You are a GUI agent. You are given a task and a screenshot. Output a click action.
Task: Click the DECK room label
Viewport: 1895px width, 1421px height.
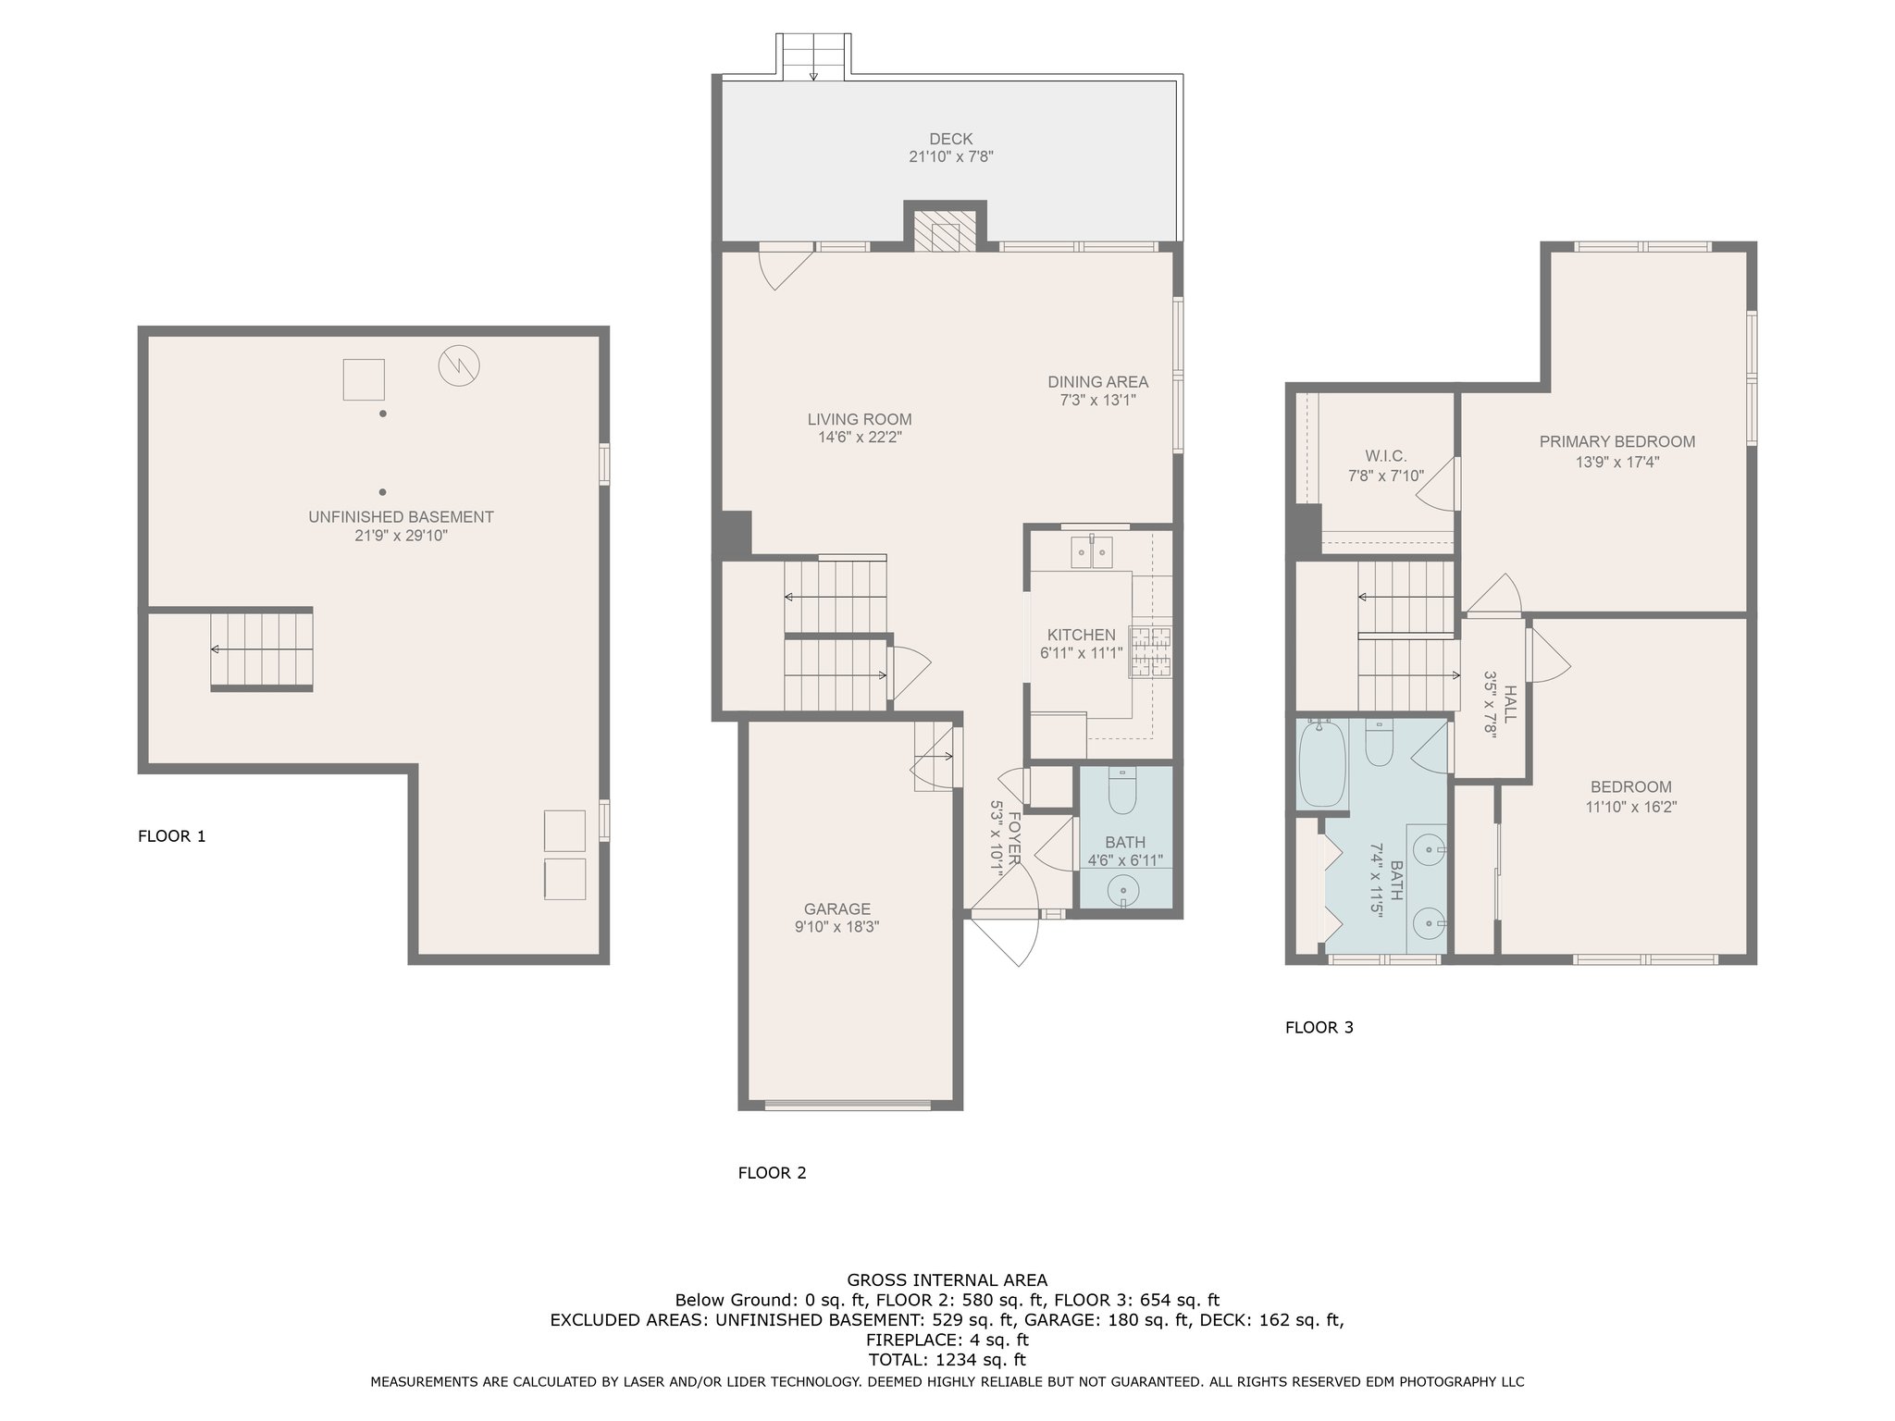[x=951, y=139]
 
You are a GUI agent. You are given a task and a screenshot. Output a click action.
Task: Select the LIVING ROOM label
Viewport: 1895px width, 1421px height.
[x=860, y=419]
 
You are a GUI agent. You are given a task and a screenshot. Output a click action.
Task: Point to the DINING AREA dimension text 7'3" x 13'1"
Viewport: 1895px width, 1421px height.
[x=1097, y=401]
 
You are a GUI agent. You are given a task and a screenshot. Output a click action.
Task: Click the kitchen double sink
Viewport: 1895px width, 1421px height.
[x=1093, y=551]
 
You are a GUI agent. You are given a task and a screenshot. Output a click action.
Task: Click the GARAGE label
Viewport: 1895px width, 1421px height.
[x=836, y=909]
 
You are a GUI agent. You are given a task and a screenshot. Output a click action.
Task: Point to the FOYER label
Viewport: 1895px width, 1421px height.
[x=1014, y=838]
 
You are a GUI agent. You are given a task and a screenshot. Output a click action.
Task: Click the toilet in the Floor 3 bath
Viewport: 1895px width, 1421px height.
[x=1379, y=745]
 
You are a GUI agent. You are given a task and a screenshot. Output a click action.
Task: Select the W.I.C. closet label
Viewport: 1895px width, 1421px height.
[x=1386, y=456]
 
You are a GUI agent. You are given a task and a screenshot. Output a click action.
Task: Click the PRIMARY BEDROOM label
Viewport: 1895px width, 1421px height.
[x=1617, y=441]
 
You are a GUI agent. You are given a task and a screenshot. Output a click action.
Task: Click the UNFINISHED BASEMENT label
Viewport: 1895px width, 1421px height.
[x=401, y=517]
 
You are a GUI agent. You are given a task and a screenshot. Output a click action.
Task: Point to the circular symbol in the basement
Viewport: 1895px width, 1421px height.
[x=459, y=365]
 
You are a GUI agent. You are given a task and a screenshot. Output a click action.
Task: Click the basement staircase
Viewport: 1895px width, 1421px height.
[x=262, y=649]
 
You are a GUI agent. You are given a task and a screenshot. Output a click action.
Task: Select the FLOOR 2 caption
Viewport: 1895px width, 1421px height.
[x=772, y=1173]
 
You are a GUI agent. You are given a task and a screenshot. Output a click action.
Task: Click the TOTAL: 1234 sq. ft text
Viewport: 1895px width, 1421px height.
[x=947, y=1360]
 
